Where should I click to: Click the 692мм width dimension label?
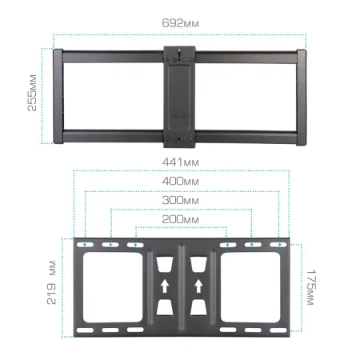pos(180,25)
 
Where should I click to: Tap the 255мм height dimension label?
pos(33,95)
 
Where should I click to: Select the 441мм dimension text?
pos(180,162)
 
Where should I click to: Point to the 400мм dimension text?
pos(180,182)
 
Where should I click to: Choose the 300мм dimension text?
pos(180,200)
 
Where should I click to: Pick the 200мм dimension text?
pos(180,218)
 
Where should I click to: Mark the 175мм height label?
pos(310,286)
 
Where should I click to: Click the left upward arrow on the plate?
pos(164,284)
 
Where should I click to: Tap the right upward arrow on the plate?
pos(198,284)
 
